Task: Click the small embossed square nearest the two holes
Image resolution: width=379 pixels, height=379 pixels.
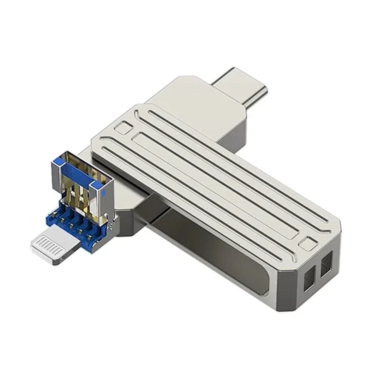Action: tap(307, 244)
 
